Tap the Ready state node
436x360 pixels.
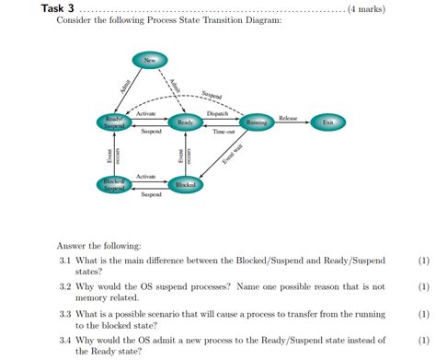(x=185, y=122)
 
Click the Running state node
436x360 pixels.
(x=256, y=122)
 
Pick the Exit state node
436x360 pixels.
(x=327, y=122)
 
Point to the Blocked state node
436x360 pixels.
(x=185, y=185)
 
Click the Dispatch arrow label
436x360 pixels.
(x=218, y=113)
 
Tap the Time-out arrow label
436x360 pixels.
(x=224, y=133)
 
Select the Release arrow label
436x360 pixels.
(x=288, y=118)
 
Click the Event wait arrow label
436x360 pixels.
(x=232, y=155)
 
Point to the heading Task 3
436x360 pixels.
(x=56, y=9)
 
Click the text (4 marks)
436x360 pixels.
(x=366, y=9)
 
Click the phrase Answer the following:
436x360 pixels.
(x=99, y=246)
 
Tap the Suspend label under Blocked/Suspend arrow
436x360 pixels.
(x=151, y=195)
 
